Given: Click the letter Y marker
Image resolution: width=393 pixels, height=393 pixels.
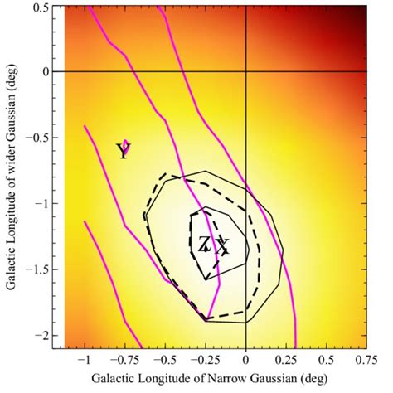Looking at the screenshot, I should (x=123, y=151).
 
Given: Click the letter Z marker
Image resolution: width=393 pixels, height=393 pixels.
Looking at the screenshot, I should (x=204, y=243).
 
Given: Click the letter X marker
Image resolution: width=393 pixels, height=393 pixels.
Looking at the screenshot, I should (x=221, y=245).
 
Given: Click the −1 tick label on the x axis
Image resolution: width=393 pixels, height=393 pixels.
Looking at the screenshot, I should (x=83, y=361).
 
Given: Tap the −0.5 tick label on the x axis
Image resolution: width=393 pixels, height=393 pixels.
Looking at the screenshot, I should (x=164, y=361).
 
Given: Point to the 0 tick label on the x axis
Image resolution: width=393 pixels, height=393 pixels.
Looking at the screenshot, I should (x=246, y=361).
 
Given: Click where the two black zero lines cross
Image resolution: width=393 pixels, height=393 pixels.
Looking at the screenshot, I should (x=246, y=72).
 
